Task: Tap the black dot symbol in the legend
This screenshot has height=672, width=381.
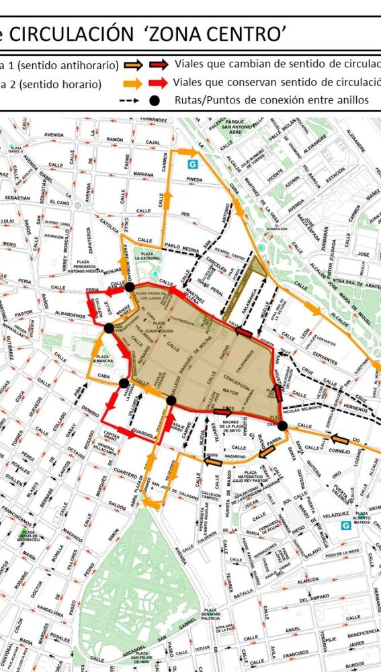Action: [155, 100]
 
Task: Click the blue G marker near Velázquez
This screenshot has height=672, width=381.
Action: [345, 526]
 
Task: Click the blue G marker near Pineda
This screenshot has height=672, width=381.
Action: [194, 163]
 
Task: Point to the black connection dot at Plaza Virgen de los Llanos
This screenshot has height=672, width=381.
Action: [129, 287]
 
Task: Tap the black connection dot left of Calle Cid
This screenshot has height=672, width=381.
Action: [282, 425]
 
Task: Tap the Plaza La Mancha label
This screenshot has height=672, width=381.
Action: [103, 360]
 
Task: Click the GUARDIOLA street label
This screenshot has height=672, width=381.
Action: [144, 435]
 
